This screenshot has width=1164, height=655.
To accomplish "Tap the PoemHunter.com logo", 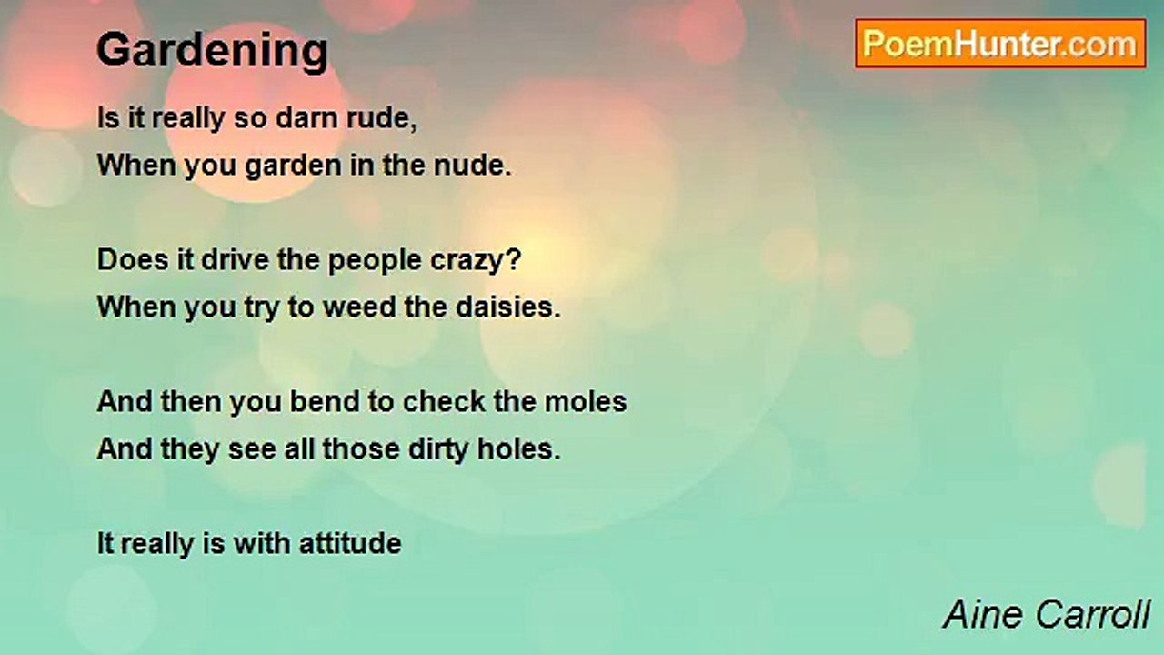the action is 1000,44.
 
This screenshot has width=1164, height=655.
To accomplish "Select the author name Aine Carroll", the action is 1047,614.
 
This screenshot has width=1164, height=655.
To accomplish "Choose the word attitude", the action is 350,543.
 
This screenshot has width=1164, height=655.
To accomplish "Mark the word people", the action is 375,261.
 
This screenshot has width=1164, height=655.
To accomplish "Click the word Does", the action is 133,259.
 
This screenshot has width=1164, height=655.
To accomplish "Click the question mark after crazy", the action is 514,259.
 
